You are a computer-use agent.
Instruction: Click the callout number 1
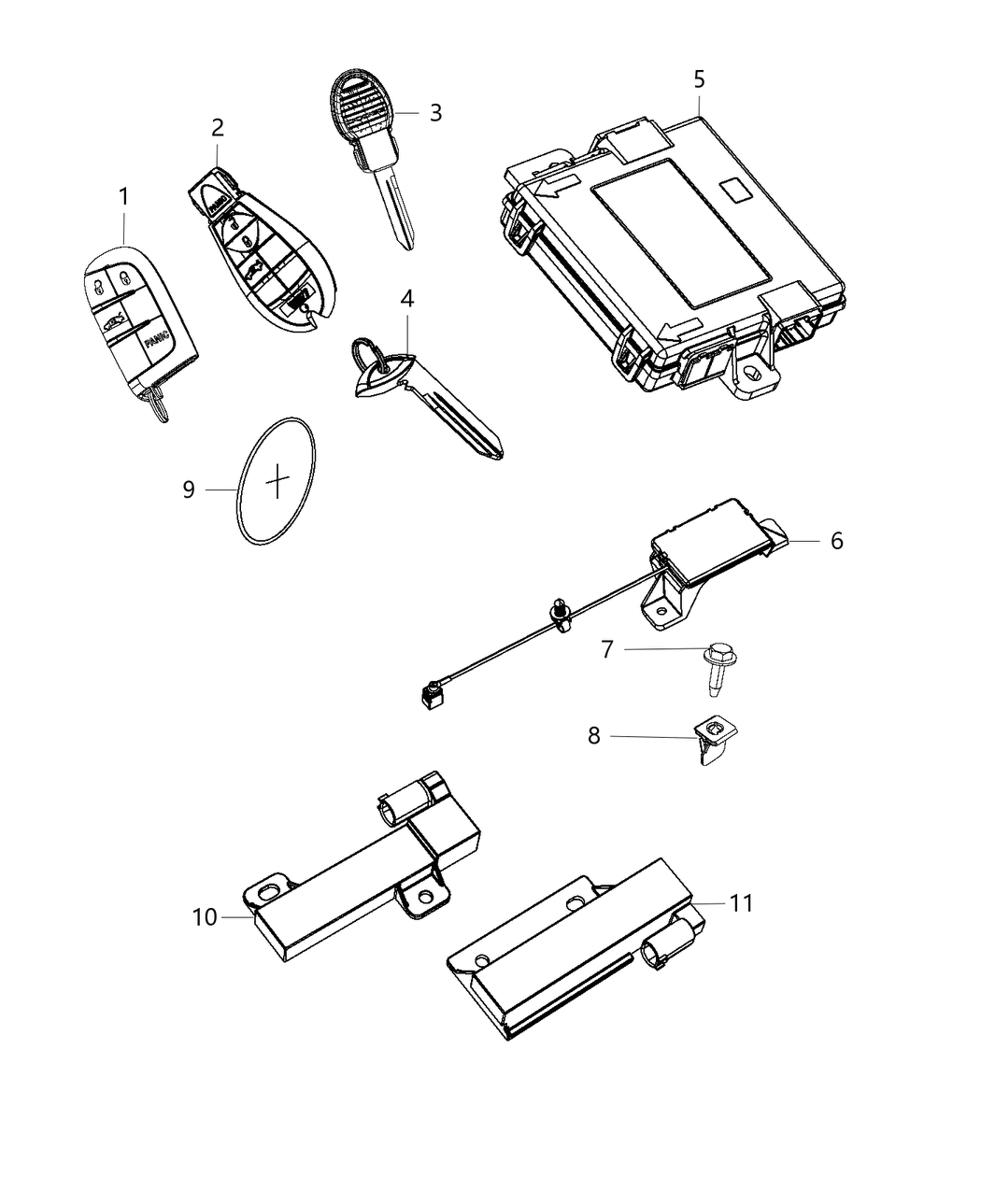pyautogui.click(x=123, y=197)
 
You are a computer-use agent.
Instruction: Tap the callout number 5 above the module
pyautogui.click(x=700, y=79)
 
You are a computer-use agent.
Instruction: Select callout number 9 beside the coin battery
pyautogui.click(x=189, y=489)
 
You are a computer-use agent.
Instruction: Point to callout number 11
pyautogui.click(x=741, y=902)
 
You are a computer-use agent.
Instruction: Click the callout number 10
pyautogui.click(x=205, y=917)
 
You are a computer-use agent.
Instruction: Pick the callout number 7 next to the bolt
pyautogui.click(x=607, y=648)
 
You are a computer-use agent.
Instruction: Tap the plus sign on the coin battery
pyautogui.click(x=278, y=482)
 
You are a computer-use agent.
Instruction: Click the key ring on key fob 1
pyautogui.click(x=157, y=406)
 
